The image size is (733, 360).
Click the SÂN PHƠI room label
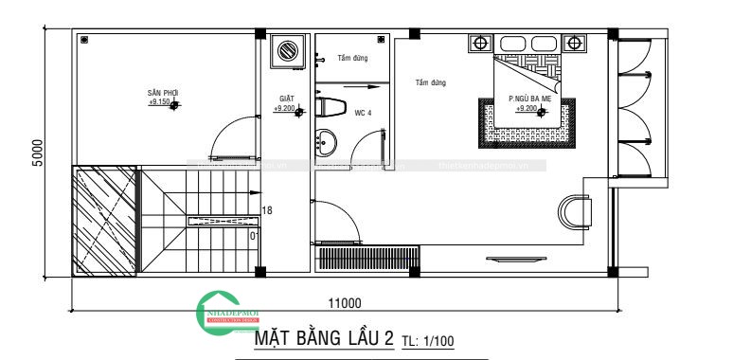[x=163, y=93]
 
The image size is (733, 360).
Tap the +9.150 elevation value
[x=159, y=102]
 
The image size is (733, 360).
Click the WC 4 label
[x=363, y=113]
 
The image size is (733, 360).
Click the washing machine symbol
[x=285, y=50]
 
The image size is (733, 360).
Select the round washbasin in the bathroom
[x=327, y=144]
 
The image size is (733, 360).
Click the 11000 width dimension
[x=344, y=304]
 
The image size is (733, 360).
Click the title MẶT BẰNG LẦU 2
[x=324, y=339]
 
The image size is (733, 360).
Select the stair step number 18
[x=267, y=211]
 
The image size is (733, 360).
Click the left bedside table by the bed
[x=481, y=44]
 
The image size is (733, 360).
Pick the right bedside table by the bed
[x=573, y=44]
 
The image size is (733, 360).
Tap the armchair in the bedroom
[x=575, y=212]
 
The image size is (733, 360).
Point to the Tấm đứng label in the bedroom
[x=430, y=83]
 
